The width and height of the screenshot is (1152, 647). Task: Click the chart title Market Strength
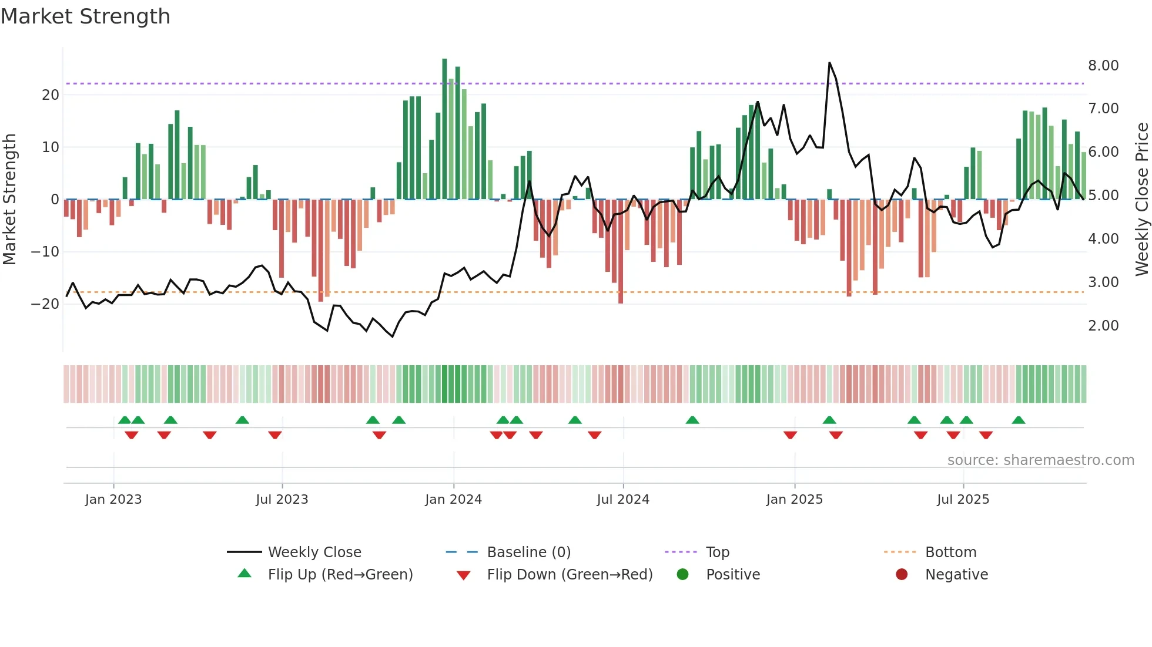[x=85, y=16]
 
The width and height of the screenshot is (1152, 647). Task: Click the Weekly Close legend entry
[x=314, y=552]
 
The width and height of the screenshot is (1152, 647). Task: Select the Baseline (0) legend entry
[x=528, y=552]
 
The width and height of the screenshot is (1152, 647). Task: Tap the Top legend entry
[x=717, y=552]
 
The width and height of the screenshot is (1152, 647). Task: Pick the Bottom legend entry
[x=950, y=552]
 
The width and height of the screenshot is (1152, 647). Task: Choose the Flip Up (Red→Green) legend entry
[x=340, y=575]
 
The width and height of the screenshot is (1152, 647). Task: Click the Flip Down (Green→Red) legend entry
[x=570, y=575]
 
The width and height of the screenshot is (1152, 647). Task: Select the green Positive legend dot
[x=682, y=574]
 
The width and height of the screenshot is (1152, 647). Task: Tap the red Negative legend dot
[x=902, y=574]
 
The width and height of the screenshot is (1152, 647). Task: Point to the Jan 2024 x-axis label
[x=453, y=500]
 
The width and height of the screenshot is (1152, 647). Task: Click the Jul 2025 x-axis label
[x=963, y=500]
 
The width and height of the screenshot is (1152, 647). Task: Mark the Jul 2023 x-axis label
[x=282, y=500]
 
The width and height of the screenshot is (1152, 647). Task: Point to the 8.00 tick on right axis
[x=1103, y=65]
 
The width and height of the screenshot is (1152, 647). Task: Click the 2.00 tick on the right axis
[x=1103, y=326]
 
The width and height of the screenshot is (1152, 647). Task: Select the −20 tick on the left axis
[x=45, y=304]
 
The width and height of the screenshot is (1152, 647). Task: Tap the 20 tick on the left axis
[x=51, y=95]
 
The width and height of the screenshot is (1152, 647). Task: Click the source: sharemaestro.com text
[x=1040, y=460]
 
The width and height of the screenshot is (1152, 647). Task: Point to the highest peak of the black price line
[x=829, y=63]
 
